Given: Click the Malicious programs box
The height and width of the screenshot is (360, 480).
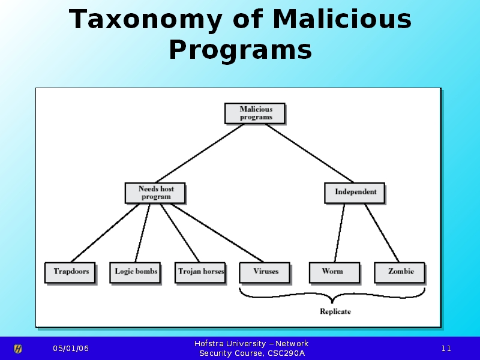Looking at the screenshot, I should (255, 113).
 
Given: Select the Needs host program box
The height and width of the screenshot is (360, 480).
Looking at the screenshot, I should (155, 193).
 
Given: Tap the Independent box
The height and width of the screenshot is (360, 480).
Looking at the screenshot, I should (355, 193).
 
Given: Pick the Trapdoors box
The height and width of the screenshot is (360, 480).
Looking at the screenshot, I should (71, 272).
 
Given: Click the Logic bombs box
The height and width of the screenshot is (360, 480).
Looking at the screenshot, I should (136, 272).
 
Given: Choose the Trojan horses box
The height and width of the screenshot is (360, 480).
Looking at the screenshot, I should (201, 272).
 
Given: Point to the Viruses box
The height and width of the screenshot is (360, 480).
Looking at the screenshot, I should (265, 272).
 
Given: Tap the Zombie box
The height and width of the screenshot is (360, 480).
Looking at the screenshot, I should (400, 272).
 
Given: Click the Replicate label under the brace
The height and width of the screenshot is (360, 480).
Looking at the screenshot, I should (335, 311).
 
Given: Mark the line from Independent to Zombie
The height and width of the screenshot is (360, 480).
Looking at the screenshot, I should (382, 233).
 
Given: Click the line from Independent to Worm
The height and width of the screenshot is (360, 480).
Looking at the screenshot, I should (340, 233).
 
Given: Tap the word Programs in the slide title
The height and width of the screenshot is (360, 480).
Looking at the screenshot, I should (240, 50).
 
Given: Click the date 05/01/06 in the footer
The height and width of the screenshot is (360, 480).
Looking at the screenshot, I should (70, 349).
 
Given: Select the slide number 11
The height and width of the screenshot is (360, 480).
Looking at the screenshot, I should (446, 349).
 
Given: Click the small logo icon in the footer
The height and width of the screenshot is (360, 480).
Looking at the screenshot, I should (19, 349).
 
